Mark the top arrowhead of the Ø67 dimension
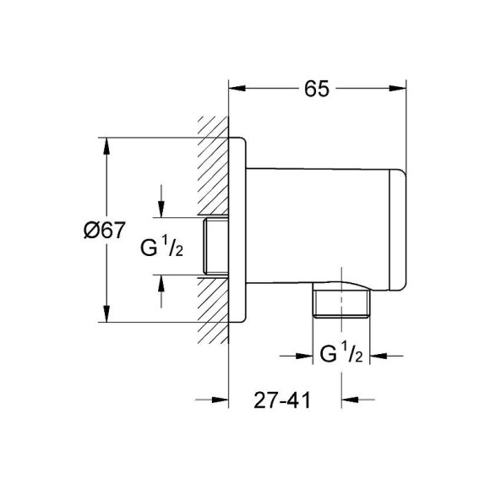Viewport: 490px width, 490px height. pos(106,144)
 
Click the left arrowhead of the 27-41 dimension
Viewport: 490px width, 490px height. pos(222,400)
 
